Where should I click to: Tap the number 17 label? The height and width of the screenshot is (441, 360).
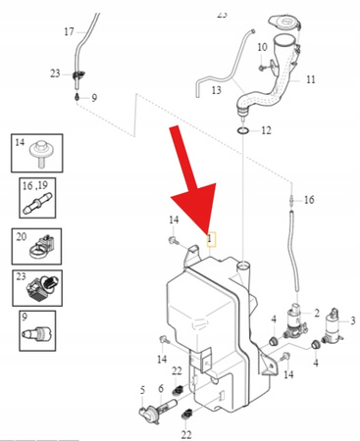tap(69, 32)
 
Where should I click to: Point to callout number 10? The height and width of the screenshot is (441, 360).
tap(261, 47)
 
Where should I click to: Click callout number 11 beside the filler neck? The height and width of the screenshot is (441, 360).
tap(310, 78)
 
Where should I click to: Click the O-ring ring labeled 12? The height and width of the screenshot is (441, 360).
tap(241, 129)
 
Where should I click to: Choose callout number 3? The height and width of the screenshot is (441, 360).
tap(353, 320)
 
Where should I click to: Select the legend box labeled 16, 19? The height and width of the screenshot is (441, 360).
tap(34, 197)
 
